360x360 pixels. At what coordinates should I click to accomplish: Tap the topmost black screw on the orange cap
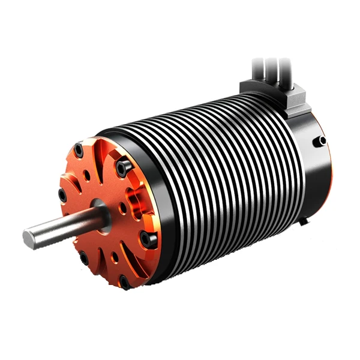click(80, 147)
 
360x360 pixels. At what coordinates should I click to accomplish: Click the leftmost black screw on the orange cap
click(62, 194)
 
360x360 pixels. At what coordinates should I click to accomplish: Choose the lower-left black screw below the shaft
click(84, 259)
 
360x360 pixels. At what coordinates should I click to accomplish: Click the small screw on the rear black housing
click(323, 140)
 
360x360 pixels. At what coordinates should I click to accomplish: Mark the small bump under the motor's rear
click(305, 221)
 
